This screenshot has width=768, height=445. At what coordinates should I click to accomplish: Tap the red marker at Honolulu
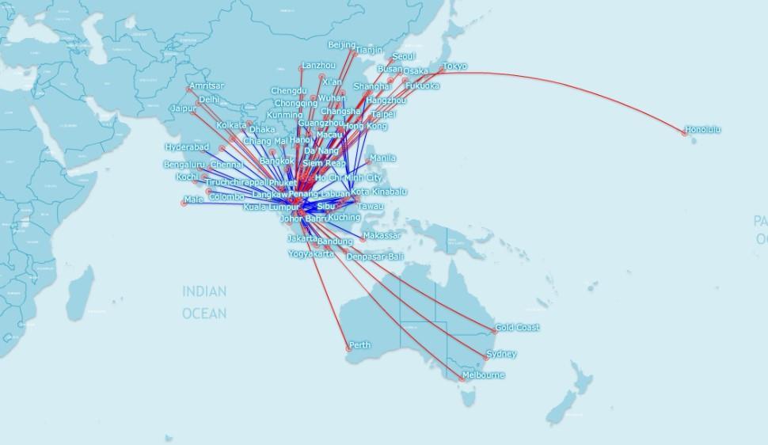[685, 133]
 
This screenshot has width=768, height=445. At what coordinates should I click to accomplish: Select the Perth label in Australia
[359, 345]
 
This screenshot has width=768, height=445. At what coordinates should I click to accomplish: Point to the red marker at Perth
[347, 348]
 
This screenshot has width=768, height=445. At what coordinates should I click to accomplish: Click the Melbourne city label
[482, 375]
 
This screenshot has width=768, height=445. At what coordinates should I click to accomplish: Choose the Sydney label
[502, 354]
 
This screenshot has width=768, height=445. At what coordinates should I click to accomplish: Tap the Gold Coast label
[517, 328]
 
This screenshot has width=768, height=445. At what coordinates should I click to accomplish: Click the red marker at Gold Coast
[495, 331]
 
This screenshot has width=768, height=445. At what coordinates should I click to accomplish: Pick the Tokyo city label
[454, 67]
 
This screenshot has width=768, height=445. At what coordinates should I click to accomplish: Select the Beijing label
[341, 45]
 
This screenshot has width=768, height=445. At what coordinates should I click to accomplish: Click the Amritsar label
[207, 86]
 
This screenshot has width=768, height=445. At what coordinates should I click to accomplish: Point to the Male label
[193, 200]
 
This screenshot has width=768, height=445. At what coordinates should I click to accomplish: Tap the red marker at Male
[184, 203]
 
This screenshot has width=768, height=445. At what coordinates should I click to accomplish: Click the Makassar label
[382, 236]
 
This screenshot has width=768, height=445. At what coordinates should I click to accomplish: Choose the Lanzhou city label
[318, 65]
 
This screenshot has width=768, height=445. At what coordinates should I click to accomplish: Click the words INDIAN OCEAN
[204, 302]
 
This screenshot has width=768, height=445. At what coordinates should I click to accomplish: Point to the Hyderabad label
[187, 147]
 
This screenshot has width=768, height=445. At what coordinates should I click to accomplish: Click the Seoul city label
[403, 57]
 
